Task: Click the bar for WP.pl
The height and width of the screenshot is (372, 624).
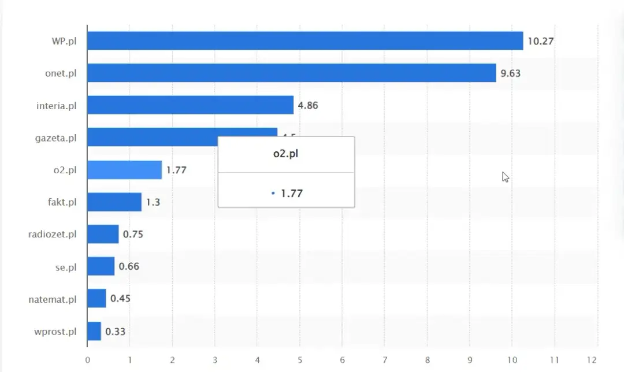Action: coord(305,41)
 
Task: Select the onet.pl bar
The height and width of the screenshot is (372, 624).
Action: coord(291,73)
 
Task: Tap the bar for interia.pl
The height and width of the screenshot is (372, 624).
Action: coord(190,105)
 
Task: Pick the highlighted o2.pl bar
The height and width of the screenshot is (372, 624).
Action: coord(124,170)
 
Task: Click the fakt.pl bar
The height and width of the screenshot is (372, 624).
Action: coord(114,202)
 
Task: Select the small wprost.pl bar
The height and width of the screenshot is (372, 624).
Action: coord(94,331)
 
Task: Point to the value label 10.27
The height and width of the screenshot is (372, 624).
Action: coord(541,41)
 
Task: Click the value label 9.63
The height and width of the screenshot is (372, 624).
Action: coord(511,73)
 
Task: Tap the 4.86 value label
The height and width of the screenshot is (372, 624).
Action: coord(308,105)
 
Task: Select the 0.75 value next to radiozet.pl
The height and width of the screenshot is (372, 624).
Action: coord(133,235)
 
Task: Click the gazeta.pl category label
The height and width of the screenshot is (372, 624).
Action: coord(56,138)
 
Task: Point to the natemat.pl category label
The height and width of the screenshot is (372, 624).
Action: coord(53,299)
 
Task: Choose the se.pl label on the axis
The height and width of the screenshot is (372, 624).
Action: coord(65,267)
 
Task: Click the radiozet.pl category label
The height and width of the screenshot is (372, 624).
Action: coord(53,235)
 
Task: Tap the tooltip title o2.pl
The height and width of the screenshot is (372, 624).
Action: coord(286,155)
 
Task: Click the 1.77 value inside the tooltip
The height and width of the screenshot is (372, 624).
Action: coord(291,193)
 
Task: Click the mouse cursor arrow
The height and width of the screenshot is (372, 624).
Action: coord(505,177)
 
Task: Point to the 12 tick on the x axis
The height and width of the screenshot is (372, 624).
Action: coord(597,360)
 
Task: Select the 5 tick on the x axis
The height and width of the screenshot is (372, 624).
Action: coord(299,360)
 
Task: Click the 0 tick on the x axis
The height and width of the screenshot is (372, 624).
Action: coord(87,360)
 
